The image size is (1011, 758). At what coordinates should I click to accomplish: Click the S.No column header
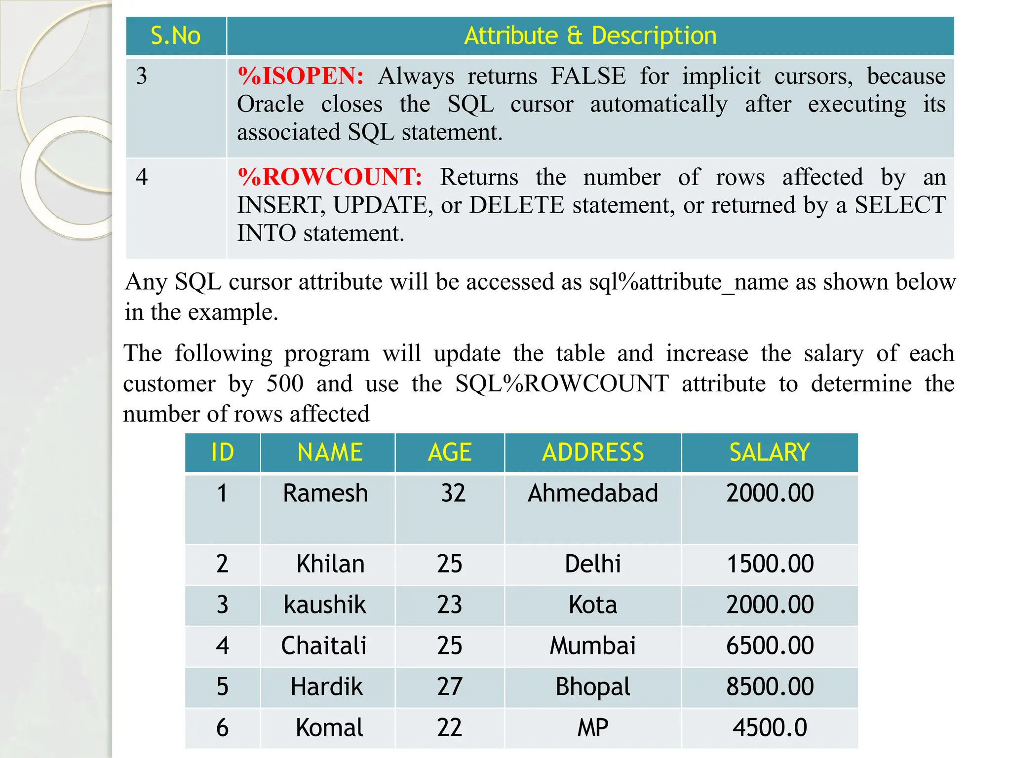point(176,36)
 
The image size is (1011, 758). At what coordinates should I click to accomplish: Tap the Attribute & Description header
point(590,36)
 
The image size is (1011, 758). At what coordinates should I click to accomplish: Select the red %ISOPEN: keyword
point(301,76)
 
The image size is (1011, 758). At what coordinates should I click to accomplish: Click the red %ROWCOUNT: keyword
point(330,177)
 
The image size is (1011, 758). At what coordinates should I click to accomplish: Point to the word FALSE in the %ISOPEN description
point(588,76)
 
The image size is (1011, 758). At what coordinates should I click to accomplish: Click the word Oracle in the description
point(271,105)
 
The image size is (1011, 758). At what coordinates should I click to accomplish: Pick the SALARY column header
point(770,453)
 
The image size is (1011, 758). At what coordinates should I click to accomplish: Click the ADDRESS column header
point(593,453)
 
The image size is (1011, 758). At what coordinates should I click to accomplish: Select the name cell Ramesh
point(326,493)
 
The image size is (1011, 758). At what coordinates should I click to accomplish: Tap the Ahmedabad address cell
point(593,493)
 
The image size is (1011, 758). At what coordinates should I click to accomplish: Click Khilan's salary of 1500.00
point(770,564)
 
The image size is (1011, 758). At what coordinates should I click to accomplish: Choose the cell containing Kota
point(593,605)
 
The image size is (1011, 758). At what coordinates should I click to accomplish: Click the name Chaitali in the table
point(324,646)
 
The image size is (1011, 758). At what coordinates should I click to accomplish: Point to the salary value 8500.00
point(770,687)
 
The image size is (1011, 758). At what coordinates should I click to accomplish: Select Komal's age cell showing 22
point(449,728)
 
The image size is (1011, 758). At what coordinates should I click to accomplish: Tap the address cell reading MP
point(593,728)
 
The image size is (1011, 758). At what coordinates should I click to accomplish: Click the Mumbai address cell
point(593,646)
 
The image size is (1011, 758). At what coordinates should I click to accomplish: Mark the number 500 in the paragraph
point(285,384)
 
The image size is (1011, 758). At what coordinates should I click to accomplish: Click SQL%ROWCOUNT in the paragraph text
point(562,384)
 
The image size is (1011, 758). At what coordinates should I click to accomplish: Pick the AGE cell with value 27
point(449,687)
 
